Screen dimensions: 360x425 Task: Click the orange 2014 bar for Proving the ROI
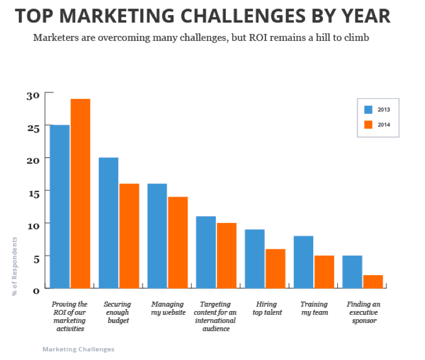tap(81, 193)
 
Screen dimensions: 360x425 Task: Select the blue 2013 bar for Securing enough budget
tap(108, 222)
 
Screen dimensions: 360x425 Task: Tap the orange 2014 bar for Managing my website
tap(178, 242)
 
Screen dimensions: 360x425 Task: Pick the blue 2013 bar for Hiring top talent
tap(254, 258)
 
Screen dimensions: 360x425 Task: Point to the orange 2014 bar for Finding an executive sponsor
tap(373, 282)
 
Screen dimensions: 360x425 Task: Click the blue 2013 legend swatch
tap(369, 110)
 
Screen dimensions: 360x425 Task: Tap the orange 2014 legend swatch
tap(369, 125)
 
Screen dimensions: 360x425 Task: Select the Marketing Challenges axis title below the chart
tap(78, 349)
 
